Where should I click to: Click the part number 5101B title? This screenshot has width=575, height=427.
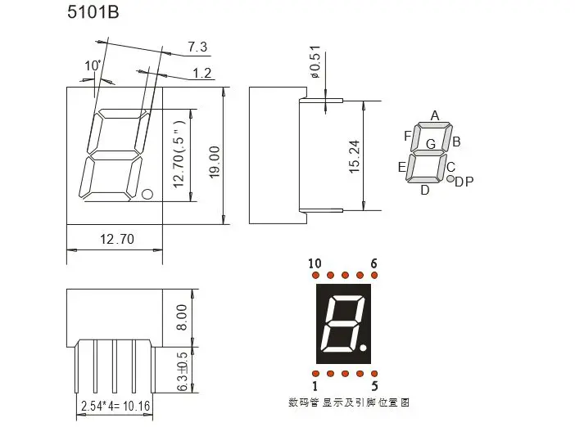pyautogui.click(x=93, y=12)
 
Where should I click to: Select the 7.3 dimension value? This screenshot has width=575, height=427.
pyautogui.click(x=197, y=47)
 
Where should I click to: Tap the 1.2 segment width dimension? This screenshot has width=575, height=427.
pyautogui.click(x=202, y=74)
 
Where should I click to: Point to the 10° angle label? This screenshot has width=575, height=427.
pyautogui.click(x=93, y=66)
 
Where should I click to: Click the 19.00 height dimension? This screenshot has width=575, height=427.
pyautogui.click(x=215, y=162)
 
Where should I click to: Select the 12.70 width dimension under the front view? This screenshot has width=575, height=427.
pyautogui.click(x=117, y=239)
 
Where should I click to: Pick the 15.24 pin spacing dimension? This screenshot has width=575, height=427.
pyautogui.click(x=354, y=156)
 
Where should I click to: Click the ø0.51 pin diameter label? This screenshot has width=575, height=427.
pyautogui.click(x=315, y=61)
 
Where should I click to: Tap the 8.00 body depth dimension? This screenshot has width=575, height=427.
pyautogui.click(x=182, y=317)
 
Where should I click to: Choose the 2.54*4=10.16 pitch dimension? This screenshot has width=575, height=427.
pyautogui.click(x=115, y=406)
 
